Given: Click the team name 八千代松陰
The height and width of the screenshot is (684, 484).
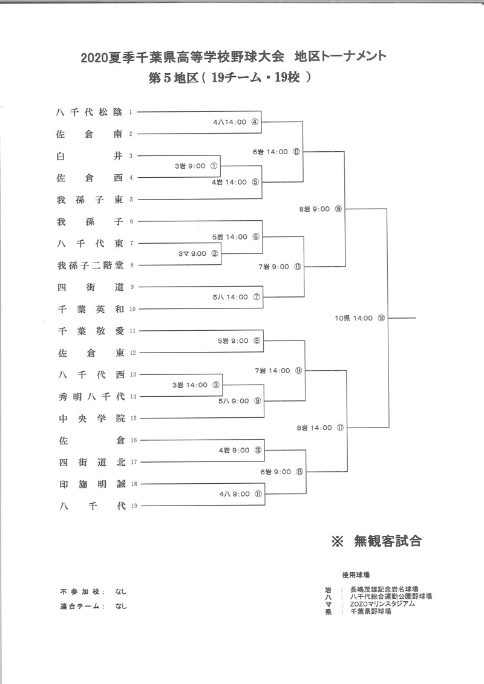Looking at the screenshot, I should tap(90, 112).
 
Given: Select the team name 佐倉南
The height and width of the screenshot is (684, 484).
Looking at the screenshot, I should tap(90, 134).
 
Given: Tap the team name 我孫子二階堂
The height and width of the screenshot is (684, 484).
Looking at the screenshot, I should tap(90, 265).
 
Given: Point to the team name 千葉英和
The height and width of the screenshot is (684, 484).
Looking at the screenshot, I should tap(90, 308).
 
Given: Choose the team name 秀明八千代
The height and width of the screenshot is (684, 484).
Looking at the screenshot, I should tap(90, 396).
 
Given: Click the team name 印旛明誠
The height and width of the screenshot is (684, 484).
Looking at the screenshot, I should tap(90, 483).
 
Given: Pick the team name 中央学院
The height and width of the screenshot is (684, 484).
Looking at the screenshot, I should tap(90, 418).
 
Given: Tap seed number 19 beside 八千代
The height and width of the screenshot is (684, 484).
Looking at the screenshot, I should tap(134, 506).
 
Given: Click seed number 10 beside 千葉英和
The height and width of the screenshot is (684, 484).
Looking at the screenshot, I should tap(134, 309).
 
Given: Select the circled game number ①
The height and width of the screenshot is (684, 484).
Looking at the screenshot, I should tap(214, 165).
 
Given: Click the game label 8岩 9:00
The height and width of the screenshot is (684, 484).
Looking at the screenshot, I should tap(314, 209).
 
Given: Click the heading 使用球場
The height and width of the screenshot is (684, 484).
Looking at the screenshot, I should tap(355, 574).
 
